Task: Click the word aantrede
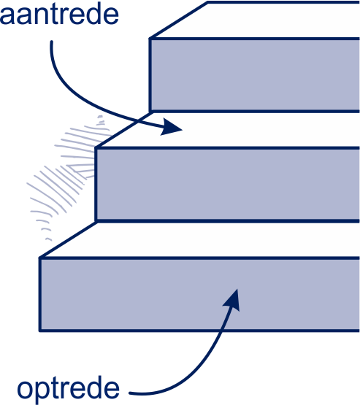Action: (59, 15)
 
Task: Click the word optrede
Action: (68, 389)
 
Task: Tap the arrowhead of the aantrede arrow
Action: (171, 126)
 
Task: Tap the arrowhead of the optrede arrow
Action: (232, 300)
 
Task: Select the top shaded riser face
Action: (255, 75)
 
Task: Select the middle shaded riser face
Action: (228, 185)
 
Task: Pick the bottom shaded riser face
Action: (200, 295)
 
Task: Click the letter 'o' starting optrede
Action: (25, 389)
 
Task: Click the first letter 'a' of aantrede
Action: (7, 17)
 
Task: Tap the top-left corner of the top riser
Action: (150, 39)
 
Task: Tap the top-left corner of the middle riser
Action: (96, 148)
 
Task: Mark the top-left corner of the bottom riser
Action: (40, 258)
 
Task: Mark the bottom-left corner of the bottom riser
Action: (40, 331)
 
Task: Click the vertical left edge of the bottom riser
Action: (40, 295)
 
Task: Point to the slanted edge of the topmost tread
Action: (179, 20)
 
